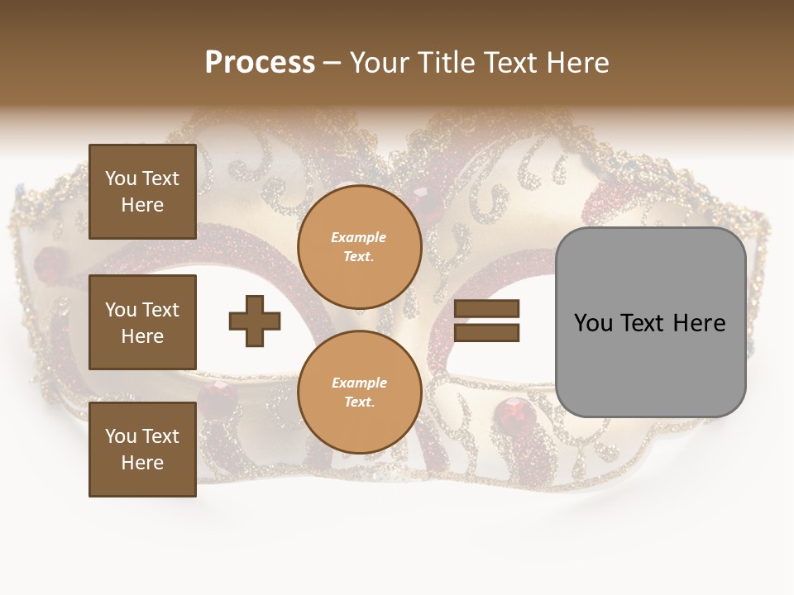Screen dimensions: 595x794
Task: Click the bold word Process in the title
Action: point(260,63)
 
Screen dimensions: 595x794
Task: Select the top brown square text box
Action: point(142,192)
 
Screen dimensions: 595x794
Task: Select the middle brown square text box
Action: point(142,322)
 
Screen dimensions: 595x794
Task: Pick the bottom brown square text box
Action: point(142,450)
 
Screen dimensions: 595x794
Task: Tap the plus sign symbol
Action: point(255,321)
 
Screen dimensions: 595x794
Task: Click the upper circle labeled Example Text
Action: point(359,247)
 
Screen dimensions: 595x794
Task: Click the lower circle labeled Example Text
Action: point(359,393)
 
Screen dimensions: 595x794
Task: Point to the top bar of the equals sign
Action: point(487,309)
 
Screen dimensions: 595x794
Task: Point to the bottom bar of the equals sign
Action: point(487,333)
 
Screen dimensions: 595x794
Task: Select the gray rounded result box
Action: point(650,322)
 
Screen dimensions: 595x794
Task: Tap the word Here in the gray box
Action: point(699,323)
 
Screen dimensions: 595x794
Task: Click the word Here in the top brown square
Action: point(142,206)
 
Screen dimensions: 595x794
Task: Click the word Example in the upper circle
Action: point(359,238)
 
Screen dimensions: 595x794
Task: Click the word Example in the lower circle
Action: point(359,383)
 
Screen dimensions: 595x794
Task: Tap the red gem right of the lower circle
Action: point(511,411)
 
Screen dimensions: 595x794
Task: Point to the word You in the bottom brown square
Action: point(121,436)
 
